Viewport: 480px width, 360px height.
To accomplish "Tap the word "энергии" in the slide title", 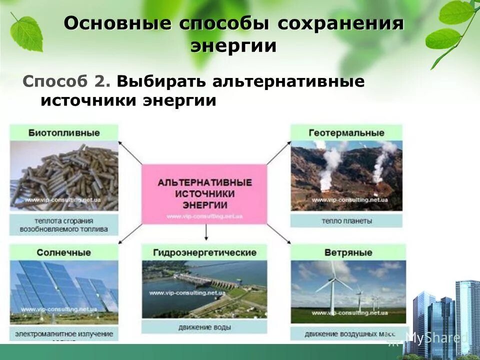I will [233, 45].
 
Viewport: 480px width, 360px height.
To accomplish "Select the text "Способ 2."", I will [68, 81].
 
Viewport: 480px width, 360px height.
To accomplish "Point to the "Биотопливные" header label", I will [64, 133].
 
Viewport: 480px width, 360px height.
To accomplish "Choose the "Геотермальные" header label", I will [346, 133].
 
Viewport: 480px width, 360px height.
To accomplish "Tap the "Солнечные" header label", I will [64, 252].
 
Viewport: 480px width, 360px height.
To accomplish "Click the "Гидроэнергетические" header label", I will [205, 252].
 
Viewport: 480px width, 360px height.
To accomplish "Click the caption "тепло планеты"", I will [346, 220].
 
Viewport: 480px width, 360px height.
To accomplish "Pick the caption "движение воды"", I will [205, 327].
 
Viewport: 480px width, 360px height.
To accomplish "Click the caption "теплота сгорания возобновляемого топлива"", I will [64, 225].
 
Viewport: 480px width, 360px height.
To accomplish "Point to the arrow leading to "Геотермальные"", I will [279, 153].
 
